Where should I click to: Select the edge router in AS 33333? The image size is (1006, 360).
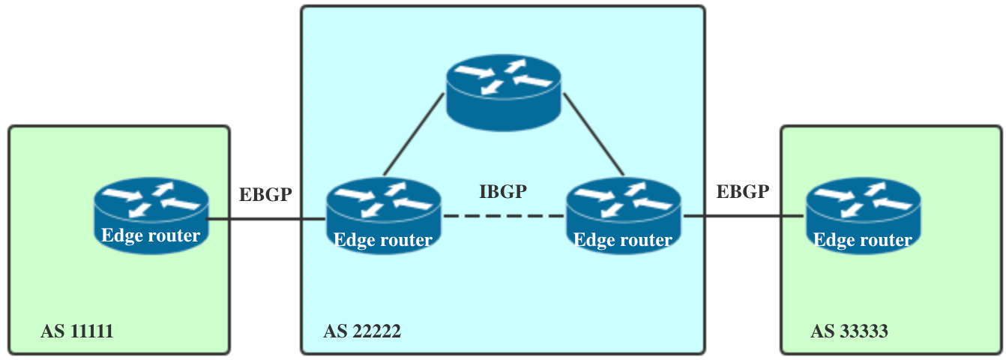tap(862, 213)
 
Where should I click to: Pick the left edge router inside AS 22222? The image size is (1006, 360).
tap(383, 214)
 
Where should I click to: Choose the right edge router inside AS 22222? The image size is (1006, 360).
tap(623, 214)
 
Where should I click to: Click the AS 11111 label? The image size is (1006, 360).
tap(77, 331)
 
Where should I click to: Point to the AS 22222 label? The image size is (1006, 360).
tap(362, 331)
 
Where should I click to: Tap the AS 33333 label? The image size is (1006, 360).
tap(849, 331)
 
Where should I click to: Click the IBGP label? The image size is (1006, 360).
tap(503, 191)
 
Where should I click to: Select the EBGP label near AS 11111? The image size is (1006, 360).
tap(265, 194)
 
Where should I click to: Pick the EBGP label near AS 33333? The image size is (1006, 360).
tap(743, 191)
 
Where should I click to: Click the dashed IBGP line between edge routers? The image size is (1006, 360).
tap(503, 216)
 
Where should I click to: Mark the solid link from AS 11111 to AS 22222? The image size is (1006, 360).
tap(266, 220)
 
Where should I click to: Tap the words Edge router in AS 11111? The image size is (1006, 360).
tap(151, 235)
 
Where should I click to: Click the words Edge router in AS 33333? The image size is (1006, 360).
tap(863, 240)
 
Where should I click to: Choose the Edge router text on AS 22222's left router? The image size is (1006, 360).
tap(383, 240)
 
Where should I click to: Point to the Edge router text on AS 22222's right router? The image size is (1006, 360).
tap(623, 240)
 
